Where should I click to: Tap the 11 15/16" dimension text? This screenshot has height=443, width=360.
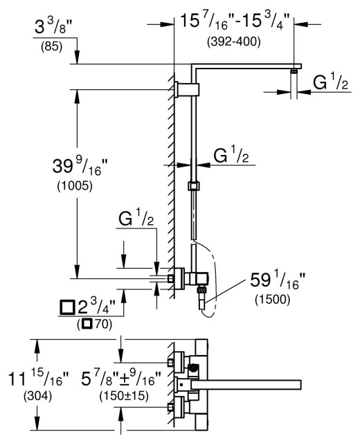tap(38, 379)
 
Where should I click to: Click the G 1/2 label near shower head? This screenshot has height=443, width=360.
tap(332, 83)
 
